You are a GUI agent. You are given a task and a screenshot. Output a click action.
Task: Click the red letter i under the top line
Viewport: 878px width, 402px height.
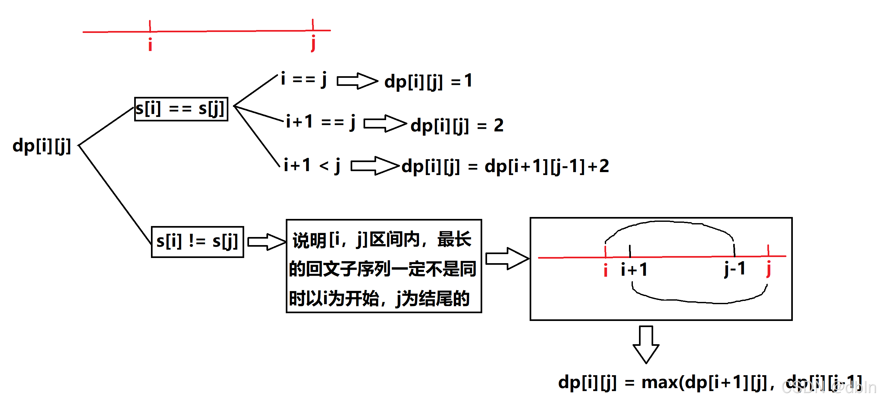150,44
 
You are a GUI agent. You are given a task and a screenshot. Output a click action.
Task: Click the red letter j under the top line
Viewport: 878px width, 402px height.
313,43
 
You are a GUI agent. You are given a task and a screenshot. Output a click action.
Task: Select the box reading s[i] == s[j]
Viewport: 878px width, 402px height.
181,109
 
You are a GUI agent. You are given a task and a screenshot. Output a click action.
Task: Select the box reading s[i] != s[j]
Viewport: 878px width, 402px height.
197,242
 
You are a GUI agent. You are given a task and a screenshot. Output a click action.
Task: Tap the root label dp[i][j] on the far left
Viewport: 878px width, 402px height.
42,146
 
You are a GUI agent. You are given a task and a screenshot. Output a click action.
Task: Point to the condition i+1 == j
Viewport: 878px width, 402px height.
321,122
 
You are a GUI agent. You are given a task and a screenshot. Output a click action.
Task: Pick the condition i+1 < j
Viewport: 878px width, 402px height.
312,166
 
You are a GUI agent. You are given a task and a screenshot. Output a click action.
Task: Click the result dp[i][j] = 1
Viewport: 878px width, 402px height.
428,81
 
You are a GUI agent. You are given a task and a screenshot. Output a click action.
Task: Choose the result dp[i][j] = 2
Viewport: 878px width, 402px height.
457,126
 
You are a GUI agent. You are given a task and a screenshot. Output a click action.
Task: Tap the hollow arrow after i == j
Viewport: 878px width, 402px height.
357,81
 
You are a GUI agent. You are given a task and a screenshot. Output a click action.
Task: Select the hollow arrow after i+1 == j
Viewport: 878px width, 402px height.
385,123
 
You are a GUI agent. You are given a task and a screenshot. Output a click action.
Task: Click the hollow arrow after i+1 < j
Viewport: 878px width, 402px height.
374,166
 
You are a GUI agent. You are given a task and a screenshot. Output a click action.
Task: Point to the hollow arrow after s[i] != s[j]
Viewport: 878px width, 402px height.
266,242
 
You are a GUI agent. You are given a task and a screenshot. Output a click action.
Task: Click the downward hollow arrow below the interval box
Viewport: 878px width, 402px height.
646,344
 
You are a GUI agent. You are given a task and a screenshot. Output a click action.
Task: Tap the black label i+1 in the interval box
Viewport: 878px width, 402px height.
634,270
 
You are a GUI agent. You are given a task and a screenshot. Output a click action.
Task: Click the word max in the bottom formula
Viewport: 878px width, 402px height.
660,382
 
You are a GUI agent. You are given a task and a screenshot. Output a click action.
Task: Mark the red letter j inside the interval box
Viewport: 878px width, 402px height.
769,269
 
